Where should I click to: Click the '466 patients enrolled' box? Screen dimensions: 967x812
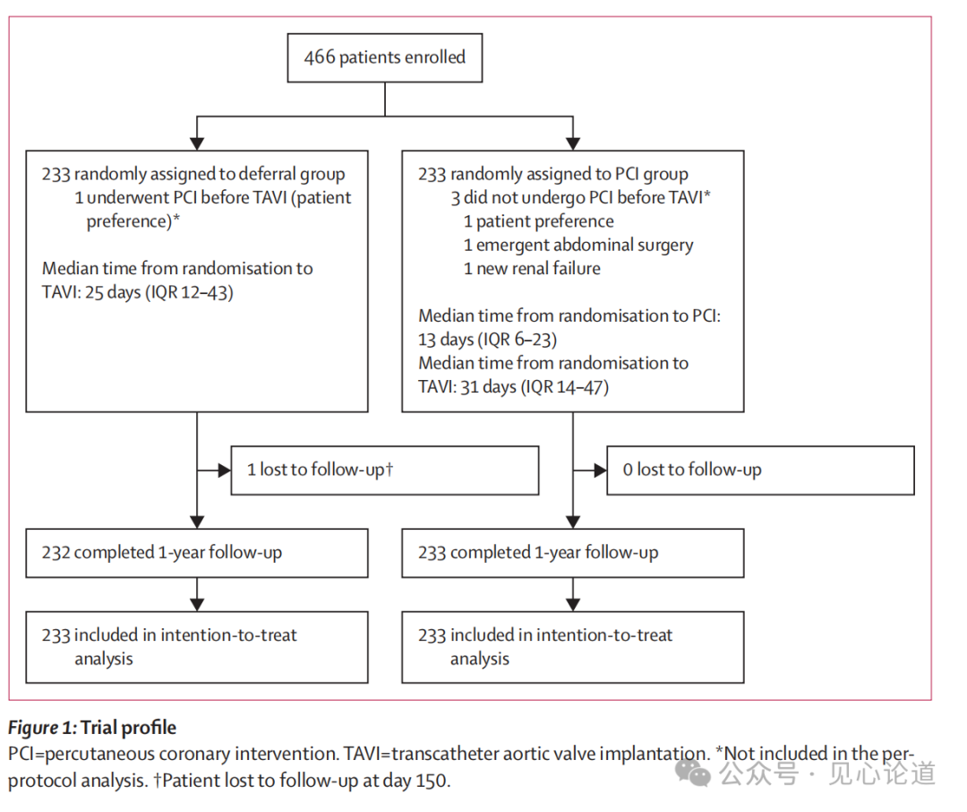385,58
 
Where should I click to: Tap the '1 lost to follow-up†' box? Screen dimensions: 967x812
385,471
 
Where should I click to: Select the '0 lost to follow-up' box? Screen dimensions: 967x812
760,471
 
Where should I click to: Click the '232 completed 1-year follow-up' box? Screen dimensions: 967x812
197,553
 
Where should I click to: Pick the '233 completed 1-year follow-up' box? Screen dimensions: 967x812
573,553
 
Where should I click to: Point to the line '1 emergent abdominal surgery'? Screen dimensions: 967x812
578,246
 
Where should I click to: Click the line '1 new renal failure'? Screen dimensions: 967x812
532,269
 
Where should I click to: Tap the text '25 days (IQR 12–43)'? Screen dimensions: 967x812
159,292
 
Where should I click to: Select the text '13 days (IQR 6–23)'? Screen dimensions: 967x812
487,340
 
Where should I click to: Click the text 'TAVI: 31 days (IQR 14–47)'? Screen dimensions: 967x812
513,387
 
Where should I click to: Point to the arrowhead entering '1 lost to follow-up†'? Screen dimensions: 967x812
224,471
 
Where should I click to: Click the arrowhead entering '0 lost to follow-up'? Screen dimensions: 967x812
600,471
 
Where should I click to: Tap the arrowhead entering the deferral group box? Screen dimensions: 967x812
197,143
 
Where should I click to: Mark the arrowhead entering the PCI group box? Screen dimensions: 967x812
573,143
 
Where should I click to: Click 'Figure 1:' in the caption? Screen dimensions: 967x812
43,728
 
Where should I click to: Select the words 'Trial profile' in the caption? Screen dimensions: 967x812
128,728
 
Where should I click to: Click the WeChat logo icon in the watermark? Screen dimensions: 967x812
693,773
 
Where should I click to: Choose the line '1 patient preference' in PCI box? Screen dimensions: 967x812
539,221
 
